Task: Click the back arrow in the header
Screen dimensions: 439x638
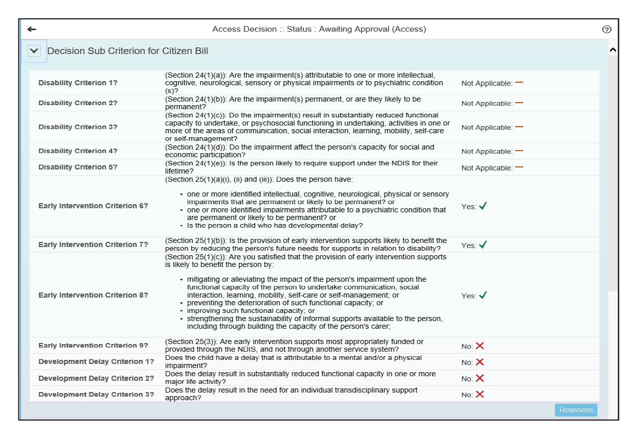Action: point(32,30)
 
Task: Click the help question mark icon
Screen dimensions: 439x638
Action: point(606,30)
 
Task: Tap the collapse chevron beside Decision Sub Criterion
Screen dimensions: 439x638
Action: point(34,51)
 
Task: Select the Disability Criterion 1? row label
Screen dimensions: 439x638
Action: point(78,83)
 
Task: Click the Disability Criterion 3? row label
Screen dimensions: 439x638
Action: point(78,127)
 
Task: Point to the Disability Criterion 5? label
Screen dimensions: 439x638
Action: point(78,167)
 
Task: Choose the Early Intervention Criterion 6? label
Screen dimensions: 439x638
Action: point(93,206)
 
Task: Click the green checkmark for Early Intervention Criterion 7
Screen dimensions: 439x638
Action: point(482,245)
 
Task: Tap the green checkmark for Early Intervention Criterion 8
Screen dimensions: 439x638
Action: point(482,295)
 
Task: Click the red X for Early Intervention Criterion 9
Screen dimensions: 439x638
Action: point(479,346)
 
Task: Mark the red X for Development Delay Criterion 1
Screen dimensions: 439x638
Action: point(479,362)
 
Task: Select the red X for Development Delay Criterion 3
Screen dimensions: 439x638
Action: point(479,394)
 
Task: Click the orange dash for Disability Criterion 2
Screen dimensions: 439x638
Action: point(519,102)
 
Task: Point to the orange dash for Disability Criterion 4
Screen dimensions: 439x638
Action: point(519,150)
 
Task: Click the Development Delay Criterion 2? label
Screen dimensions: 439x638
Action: point(96,378)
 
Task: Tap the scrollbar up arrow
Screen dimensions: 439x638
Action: point(613,50)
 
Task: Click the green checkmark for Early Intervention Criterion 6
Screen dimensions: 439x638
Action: point(482,206)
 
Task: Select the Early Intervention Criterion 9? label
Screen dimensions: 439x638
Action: point(93,346)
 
